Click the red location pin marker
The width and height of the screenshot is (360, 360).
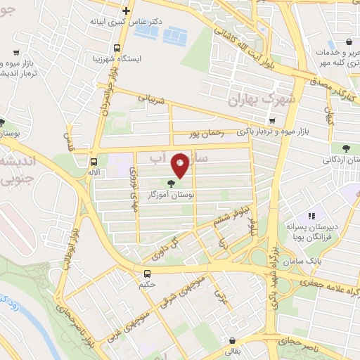point(181,165)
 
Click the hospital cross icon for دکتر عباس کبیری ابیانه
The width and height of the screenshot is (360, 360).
point(126,11)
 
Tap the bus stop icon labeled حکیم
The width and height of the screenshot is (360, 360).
point(148,274)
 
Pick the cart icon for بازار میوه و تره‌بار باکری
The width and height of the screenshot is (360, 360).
point(273,120)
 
